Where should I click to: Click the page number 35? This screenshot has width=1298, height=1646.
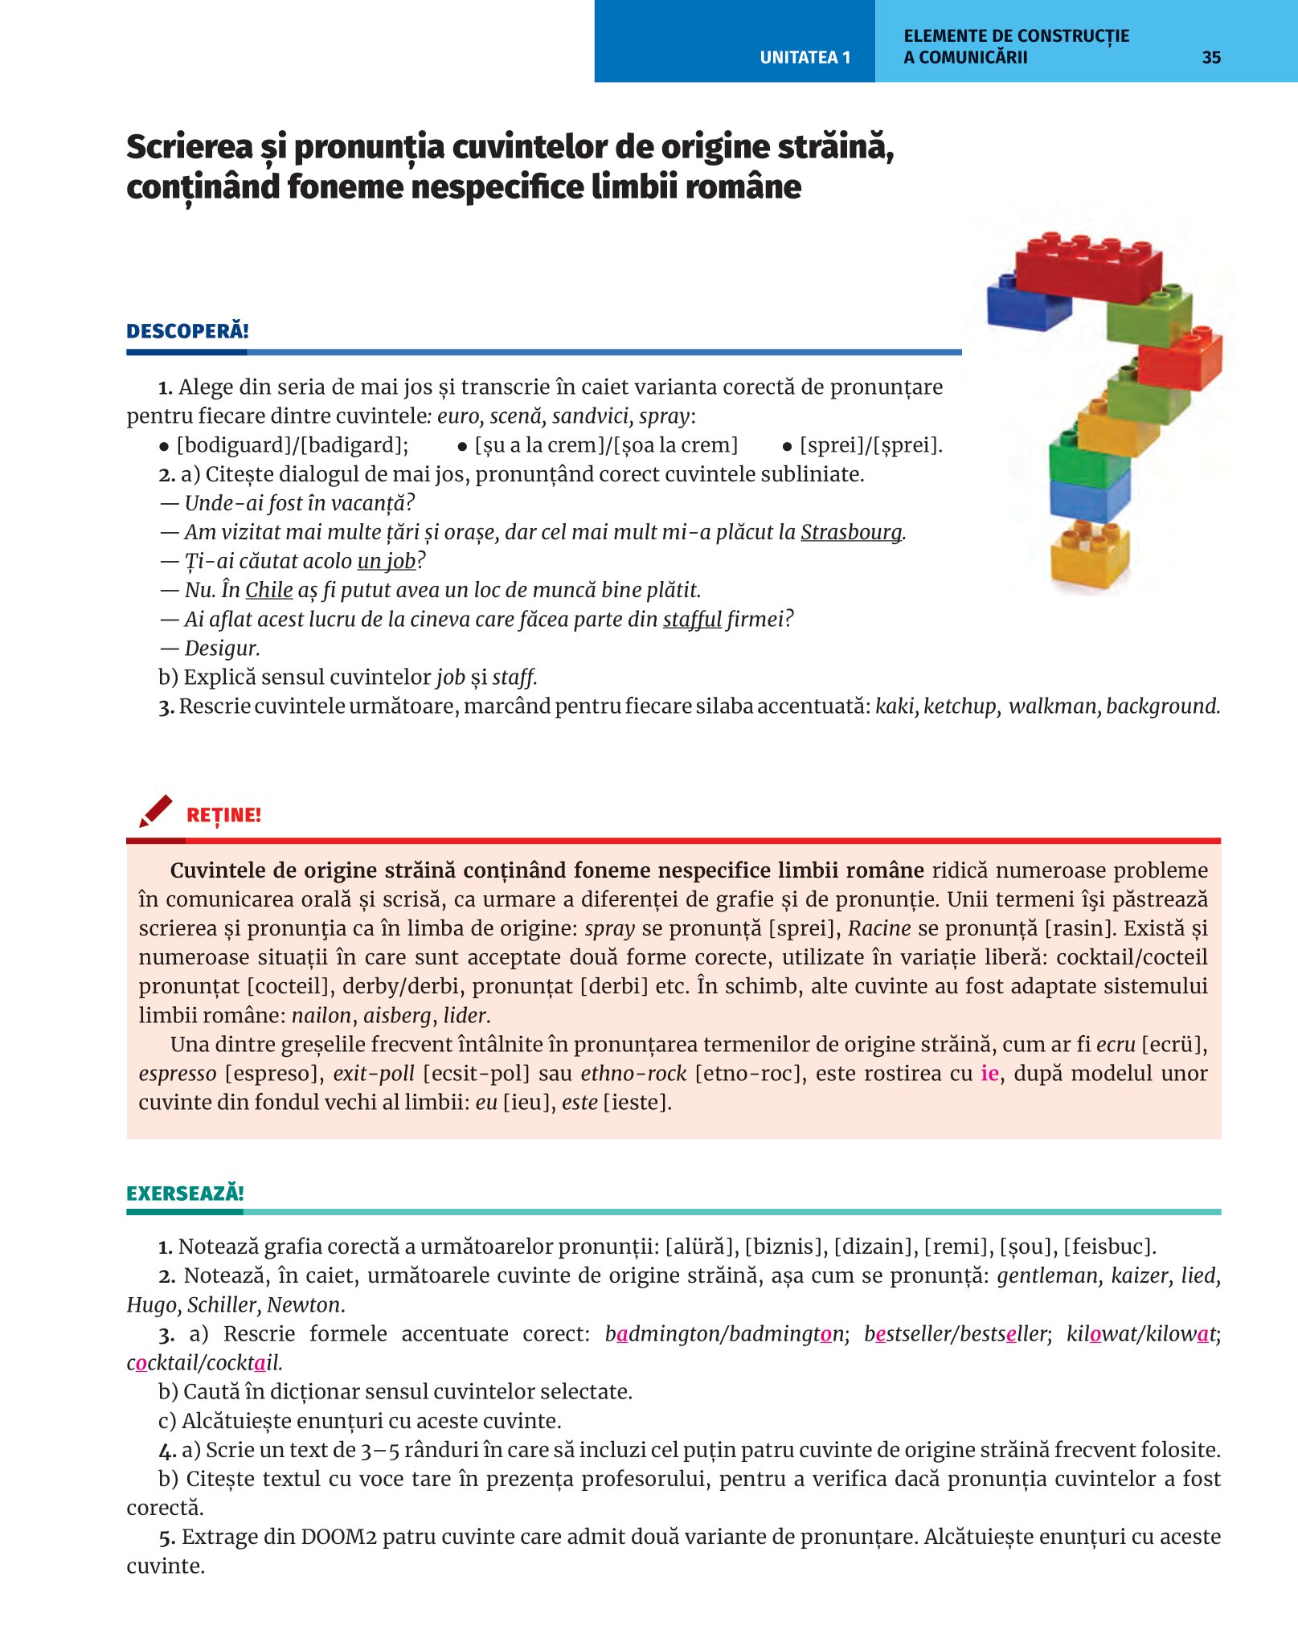[x=1211, y=57]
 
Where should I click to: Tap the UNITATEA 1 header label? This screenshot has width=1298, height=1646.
[x=805, y=57]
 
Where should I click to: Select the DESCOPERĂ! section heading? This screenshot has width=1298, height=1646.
[x=187, y=331]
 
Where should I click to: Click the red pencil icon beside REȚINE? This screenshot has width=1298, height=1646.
[x=155, y=811]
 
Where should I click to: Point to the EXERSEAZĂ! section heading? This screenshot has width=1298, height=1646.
[x=185, y=1193]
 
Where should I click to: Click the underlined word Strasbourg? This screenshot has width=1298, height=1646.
[x=851, y=532]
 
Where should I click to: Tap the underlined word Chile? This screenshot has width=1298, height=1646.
[x=268, y=590]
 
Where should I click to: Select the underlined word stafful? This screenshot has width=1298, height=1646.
[x=692, y=619]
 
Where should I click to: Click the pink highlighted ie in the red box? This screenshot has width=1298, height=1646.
[x=989, y=1073]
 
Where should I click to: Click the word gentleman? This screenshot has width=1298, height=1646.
[x=1048, y=1275]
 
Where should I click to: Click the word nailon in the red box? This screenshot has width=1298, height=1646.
[x=321, y=1015]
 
